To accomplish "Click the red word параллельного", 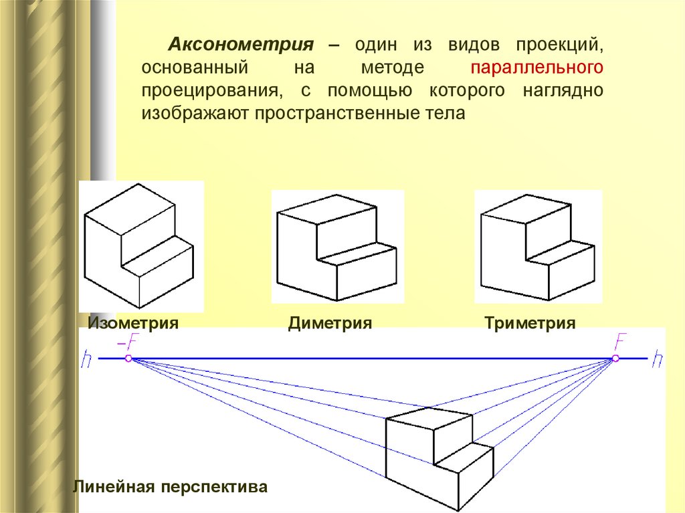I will (x=538, y=68).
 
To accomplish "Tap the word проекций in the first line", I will (x=560, y=45).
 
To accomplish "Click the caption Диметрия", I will (x=330, y=324).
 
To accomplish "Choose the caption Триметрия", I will (x=530, y=324).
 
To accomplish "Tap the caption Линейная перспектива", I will (x=171, y=486).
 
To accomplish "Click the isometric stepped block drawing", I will (x=139, y=244).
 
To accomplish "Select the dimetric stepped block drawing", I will (x=336, y=247).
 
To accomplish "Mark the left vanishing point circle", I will (x=128, y=359).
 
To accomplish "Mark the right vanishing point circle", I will (x=615, y=359).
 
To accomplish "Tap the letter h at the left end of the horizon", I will (x=87, y=360).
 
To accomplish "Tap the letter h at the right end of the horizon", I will (x=659, y=358).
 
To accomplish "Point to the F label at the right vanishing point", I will (x=621, y=342).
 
